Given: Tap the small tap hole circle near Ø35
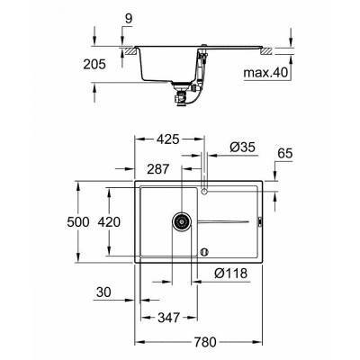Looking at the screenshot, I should [204, 191].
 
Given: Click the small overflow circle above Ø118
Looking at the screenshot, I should [204, 253].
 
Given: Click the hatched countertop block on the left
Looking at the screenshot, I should [130, 52].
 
